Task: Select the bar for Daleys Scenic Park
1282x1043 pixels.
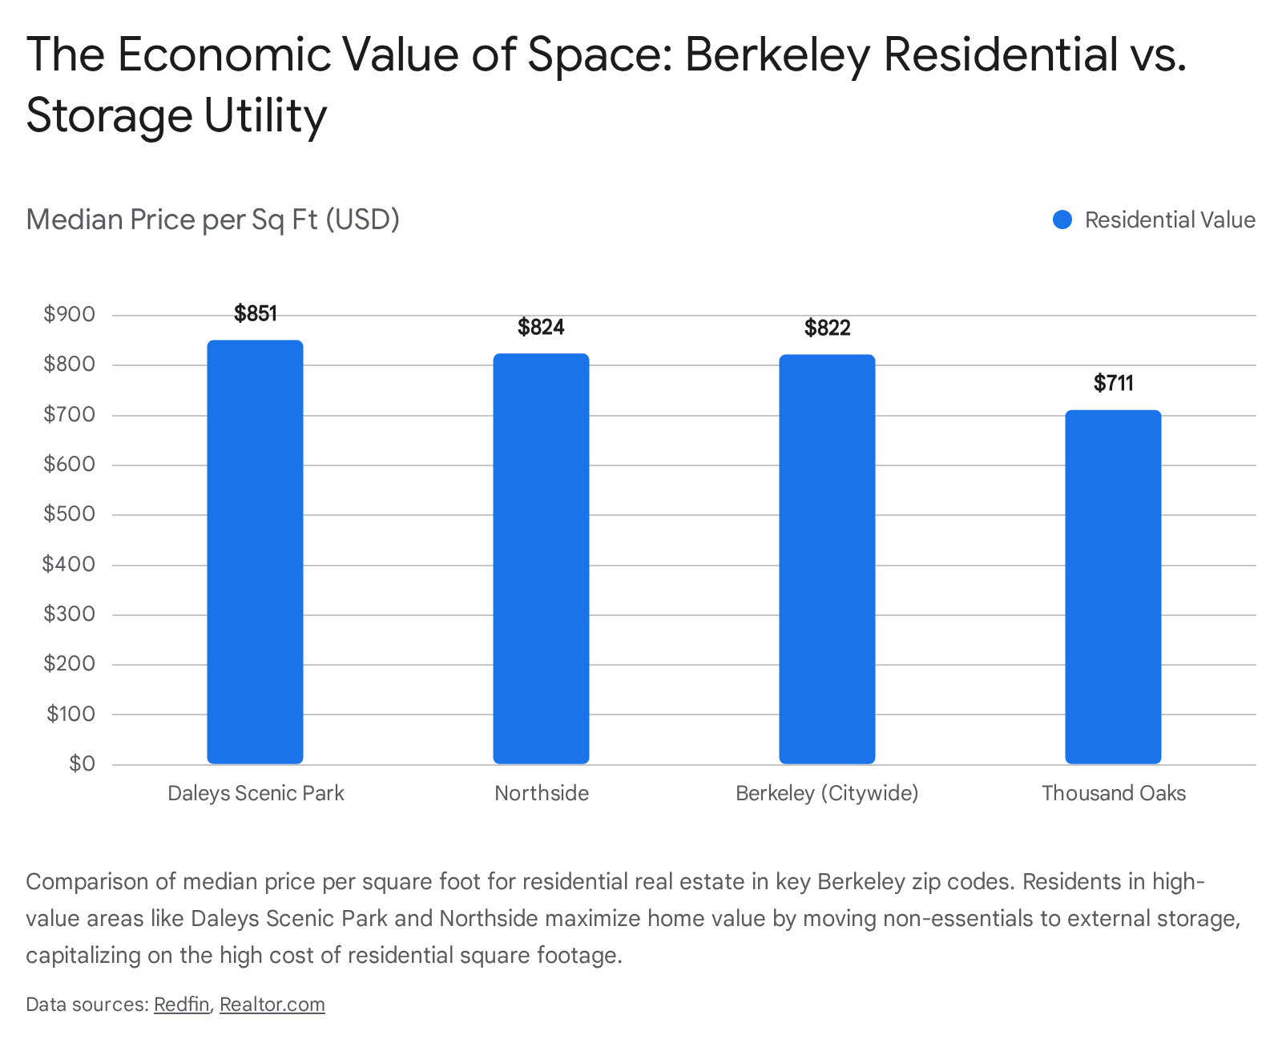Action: pos(255,552)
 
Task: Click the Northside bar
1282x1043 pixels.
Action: pos(541,558)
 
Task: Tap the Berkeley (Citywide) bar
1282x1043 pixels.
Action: pos(827,559)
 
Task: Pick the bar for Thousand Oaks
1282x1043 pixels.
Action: pos(1113,586)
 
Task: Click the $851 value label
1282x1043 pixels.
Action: pos(256,313)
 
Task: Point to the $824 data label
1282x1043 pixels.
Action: pos(541,327)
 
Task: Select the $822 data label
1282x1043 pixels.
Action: pos(827,328)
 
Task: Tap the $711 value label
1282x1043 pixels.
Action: pos(1113,383)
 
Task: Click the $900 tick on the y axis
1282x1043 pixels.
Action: pos(69,314)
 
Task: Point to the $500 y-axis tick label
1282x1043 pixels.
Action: pos(69,513)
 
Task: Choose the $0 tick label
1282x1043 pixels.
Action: pos(82,763)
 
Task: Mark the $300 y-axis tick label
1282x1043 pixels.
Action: pos(69,614)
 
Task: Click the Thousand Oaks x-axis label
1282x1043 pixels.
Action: pos(1113,793)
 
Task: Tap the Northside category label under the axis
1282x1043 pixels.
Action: pos(541,793)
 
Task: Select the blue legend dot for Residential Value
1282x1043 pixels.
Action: pos(1062,220)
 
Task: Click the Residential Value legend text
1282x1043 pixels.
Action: pos(1170,220)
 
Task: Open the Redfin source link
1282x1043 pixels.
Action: pos(181,1005)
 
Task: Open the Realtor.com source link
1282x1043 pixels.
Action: pos(272,1005)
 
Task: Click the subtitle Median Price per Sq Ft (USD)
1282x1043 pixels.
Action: pos(212,219)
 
